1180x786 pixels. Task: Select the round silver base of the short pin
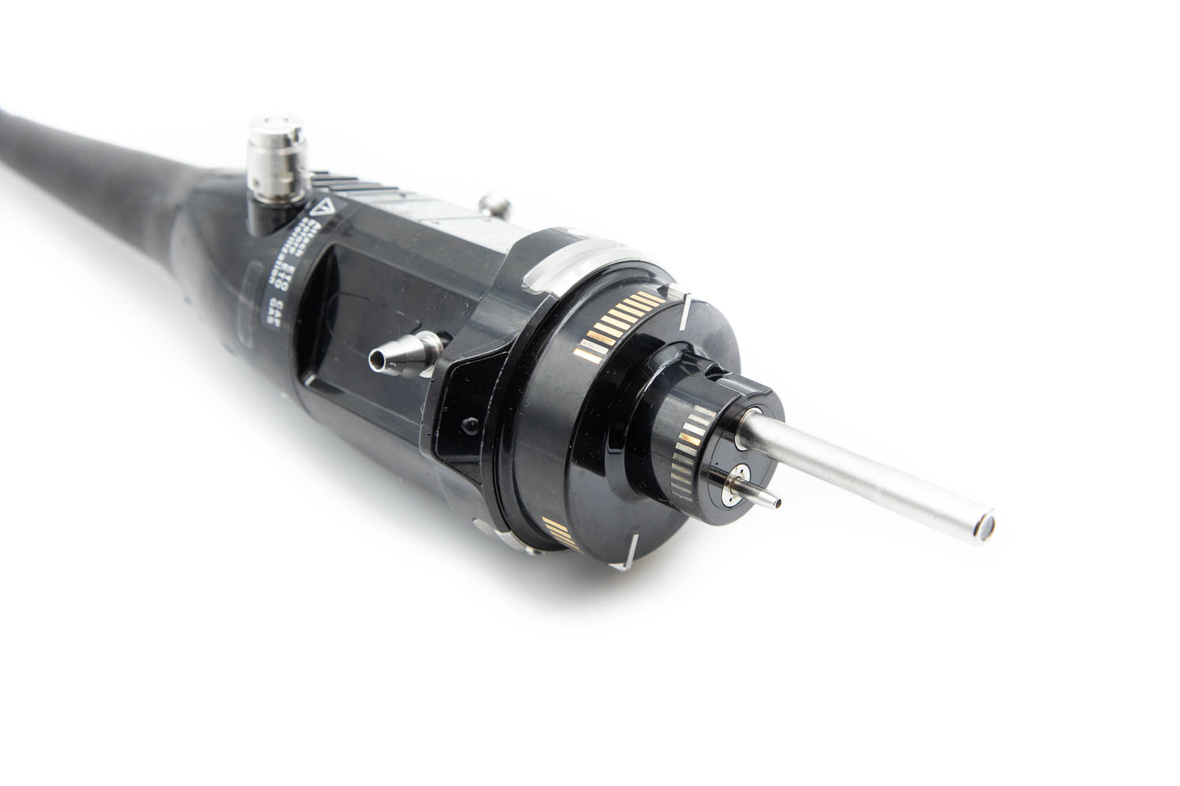(x=735, y=480)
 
